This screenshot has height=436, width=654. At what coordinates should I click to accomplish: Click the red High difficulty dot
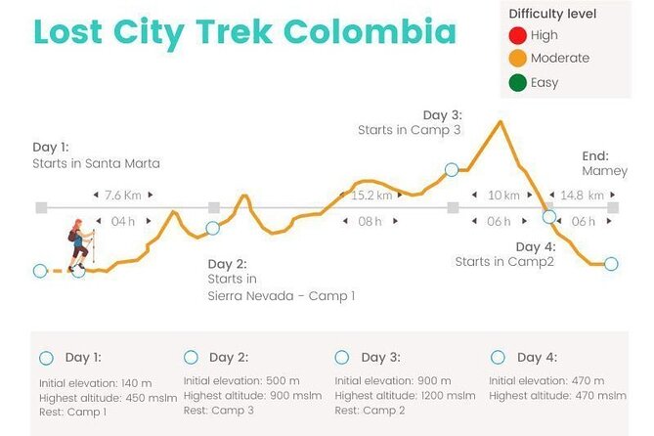[x=517, y=35]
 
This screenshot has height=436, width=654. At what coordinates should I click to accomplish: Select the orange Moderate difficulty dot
[x=517, y=59]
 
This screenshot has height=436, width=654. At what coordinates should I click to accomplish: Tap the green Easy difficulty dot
[x=517, y=82]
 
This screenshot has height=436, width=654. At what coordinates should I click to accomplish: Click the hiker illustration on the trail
[x=78, y=244]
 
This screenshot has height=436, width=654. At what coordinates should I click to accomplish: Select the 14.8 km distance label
[x=583, y=196]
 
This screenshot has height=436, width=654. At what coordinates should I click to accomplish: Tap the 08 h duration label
[x=370, y=222]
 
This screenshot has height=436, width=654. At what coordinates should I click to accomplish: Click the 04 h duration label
[x=123, y=222]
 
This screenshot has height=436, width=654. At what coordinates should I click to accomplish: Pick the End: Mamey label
[x=596, y=163]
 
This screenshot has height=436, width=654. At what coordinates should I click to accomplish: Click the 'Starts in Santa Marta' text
[x=96, y=163]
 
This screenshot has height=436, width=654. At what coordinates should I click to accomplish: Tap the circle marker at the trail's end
[x=611, y=264]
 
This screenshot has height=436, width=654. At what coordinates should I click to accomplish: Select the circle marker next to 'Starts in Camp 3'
[x=452, y=169]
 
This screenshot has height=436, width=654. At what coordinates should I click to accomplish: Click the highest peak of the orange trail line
[x=501, y=122]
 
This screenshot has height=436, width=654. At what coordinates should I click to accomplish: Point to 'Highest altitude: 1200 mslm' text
[x=405, y=395]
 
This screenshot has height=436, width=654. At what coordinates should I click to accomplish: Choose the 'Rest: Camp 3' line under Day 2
[x=219, y=410]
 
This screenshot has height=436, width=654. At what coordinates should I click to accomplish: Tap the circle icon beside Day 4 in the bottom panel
[x=499, y=358]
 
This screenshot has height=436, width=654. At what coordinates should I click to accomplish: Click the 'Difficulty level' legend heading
[x=552, y=14]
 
